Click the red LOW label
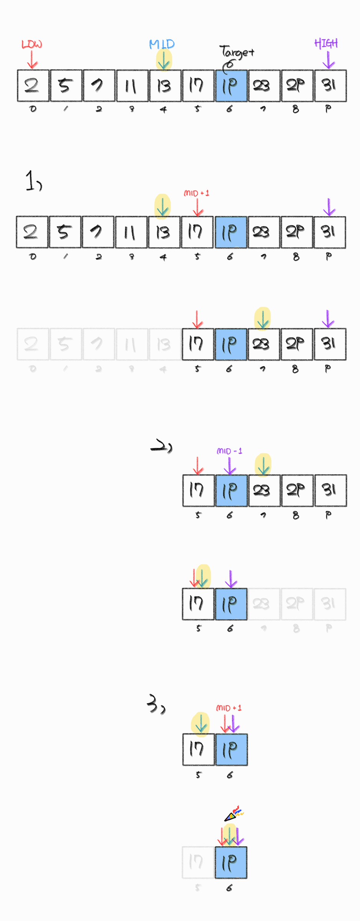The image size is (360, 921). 32,44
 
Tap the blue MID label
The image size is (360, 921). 162,44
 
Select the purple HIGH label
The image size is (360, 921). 326,43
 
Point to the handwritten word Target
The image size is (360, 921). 237,52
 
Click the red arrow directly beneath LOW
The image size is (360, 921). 32,60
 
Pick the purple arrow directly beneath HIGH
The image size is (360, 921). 328,60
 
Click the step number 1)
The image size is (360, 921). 33,181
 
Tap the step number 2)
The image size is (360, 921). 161,446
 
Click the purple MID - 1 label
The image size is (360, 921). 229,451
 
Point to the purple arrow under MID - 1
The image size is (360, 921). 230,465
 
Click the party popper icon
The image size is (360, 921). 234,814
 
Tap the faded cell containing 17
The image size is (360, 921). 198,862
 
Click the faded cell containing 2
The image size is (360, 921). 33,344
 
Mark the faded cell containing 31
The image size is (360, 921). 330,604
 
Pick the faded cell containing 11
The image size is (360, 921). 132,344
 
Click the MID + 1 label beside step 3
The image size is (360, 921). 229,708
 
